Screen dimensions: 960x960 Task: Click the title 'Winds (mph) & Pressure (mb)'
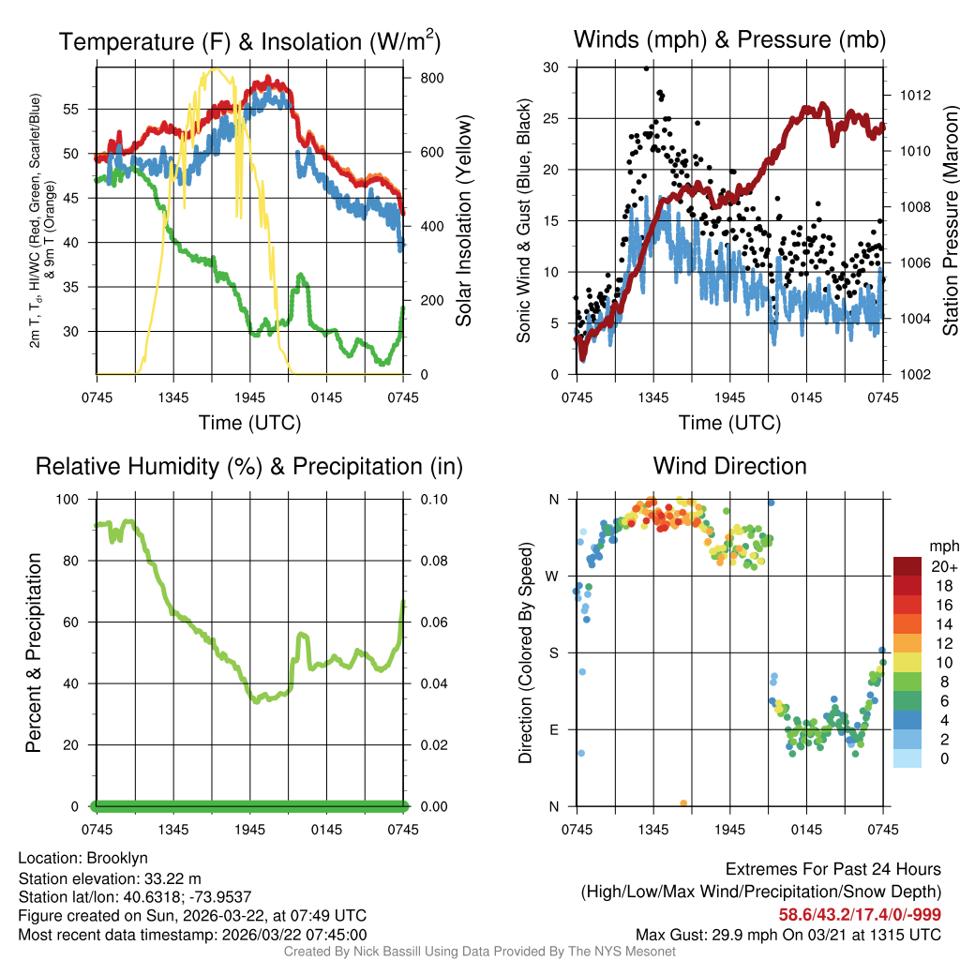point(729,40)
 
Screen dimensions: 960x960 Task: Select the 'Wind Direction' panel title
point(729,466)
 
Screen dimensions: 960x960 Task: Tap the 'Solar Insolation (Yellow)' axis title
point(463,221)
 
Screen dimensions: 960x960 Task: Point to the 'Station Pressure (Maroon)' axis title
point(950,221)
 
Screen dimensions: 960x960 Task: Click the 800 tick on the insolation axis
point(431,78)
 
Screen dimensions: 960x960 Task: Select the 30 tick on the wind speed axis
point(551,67)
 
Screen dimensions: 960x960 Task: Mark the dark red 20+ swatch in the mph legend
point(908,566)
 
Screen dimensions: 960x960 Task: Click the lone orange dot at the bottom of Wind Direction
point(683,803)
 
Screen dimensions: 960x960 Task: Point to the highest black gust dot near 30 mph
point(646,68)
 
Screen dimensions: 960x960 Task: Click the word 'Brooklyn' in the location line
point(117,858)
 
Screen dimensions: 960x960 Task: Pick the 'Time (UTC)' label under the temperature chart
point(249,423)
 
